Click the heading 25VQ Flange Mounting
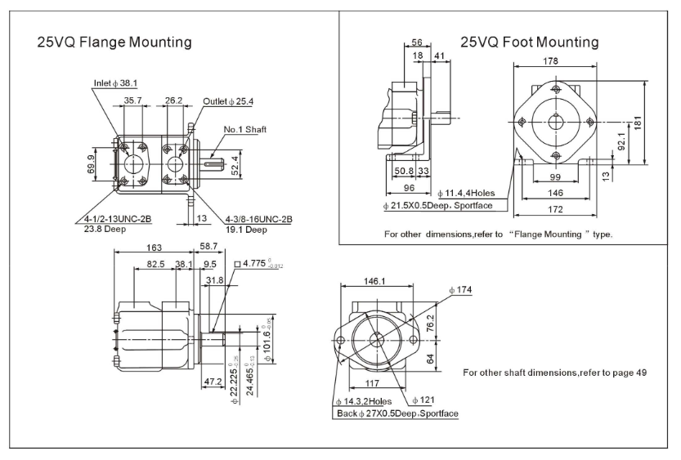click(114, 42)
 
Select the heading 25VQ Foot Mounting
click(529, 42)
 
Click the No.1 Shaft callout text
click(245, 129)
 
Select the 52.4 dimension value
click(235, 166)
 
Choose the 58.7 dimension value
click(209, 246)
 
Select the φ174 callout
click(461, 290)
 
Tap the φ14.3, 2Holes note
click(364, 401)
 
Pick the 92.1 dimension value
click(621, 143)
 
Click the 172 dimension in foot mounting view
click(555, 211)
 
